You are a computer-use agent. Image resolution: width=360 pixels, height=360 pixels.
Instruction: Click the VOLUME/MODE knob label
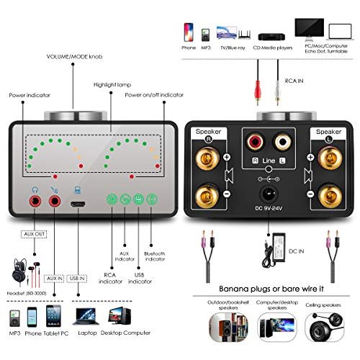pyautogui.click(x=74, y=57)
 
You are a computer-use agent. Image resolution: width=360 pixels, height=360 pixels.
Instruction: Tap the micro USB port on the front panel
pyautogui.click(x=78, y=204)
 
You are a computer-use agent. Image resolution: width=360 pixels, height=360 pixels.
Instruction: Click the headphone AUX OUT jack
pyautogui.click(x=35, y=201)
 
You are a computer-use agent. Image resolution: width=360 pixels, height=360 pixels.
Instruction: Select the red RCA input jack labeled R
pyautogui.click(x=255, y=141)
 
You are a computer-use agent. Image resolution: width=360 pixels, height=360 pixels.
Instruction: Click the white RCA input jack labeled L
pyautogui.click(x=283, y=141)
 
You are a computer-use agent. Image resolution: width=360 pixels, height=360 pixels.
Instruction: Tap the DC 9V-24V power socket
pyautogui.click(x=269, y=194)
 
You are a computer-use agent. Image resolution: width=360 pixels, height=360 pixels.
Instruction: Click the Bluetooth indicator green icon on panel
pyautogui.click(x=152, y=199)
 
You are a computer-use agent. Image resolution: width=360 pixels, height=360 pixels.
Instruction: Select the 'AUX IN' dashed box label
pyautogui.click(x=54, y=279)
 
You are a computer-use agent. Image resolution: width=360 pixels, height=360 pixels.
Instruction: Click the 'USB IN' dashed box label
pyautogui.click(x=77, y=279)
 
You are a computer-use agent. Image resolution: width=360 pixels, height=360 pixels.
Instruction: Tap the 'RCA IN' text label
pyautogui.click(x=294, y=81)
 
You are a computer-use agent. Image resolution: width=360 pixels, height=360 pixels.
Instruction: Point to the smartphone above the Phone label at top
pyautogui.click(x=189, y=32)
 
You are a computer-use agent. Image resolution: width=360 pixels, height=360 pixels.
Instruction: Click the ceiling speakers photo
pyautogui.click(x=325, y=327)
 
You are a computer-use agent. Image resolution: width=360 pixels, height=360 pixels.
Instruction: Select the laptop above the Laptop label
pyautogui.click(x=86, y=316)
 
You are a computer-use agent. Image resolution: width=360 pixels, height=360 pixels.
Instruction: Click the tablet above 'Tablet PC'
pyautogui.click(x=53, y=316)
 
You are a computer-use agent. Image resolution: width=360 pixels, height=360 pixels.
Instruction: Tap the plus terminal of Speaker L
pyautogui.click(x=330, y=158)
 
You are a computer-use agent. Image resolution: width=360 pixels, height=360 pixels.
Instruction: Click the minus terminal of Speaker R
pyautogui.click(x=207, y=195)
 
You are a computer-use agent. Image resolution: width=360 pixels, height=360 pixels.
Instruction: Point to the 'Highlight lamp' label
pyautogui.click(x=112, y=85)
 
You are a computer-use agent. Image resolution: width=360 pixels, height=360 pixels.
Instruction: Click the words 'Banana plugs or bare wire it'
pyautogui.click(x=271, y=289)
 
